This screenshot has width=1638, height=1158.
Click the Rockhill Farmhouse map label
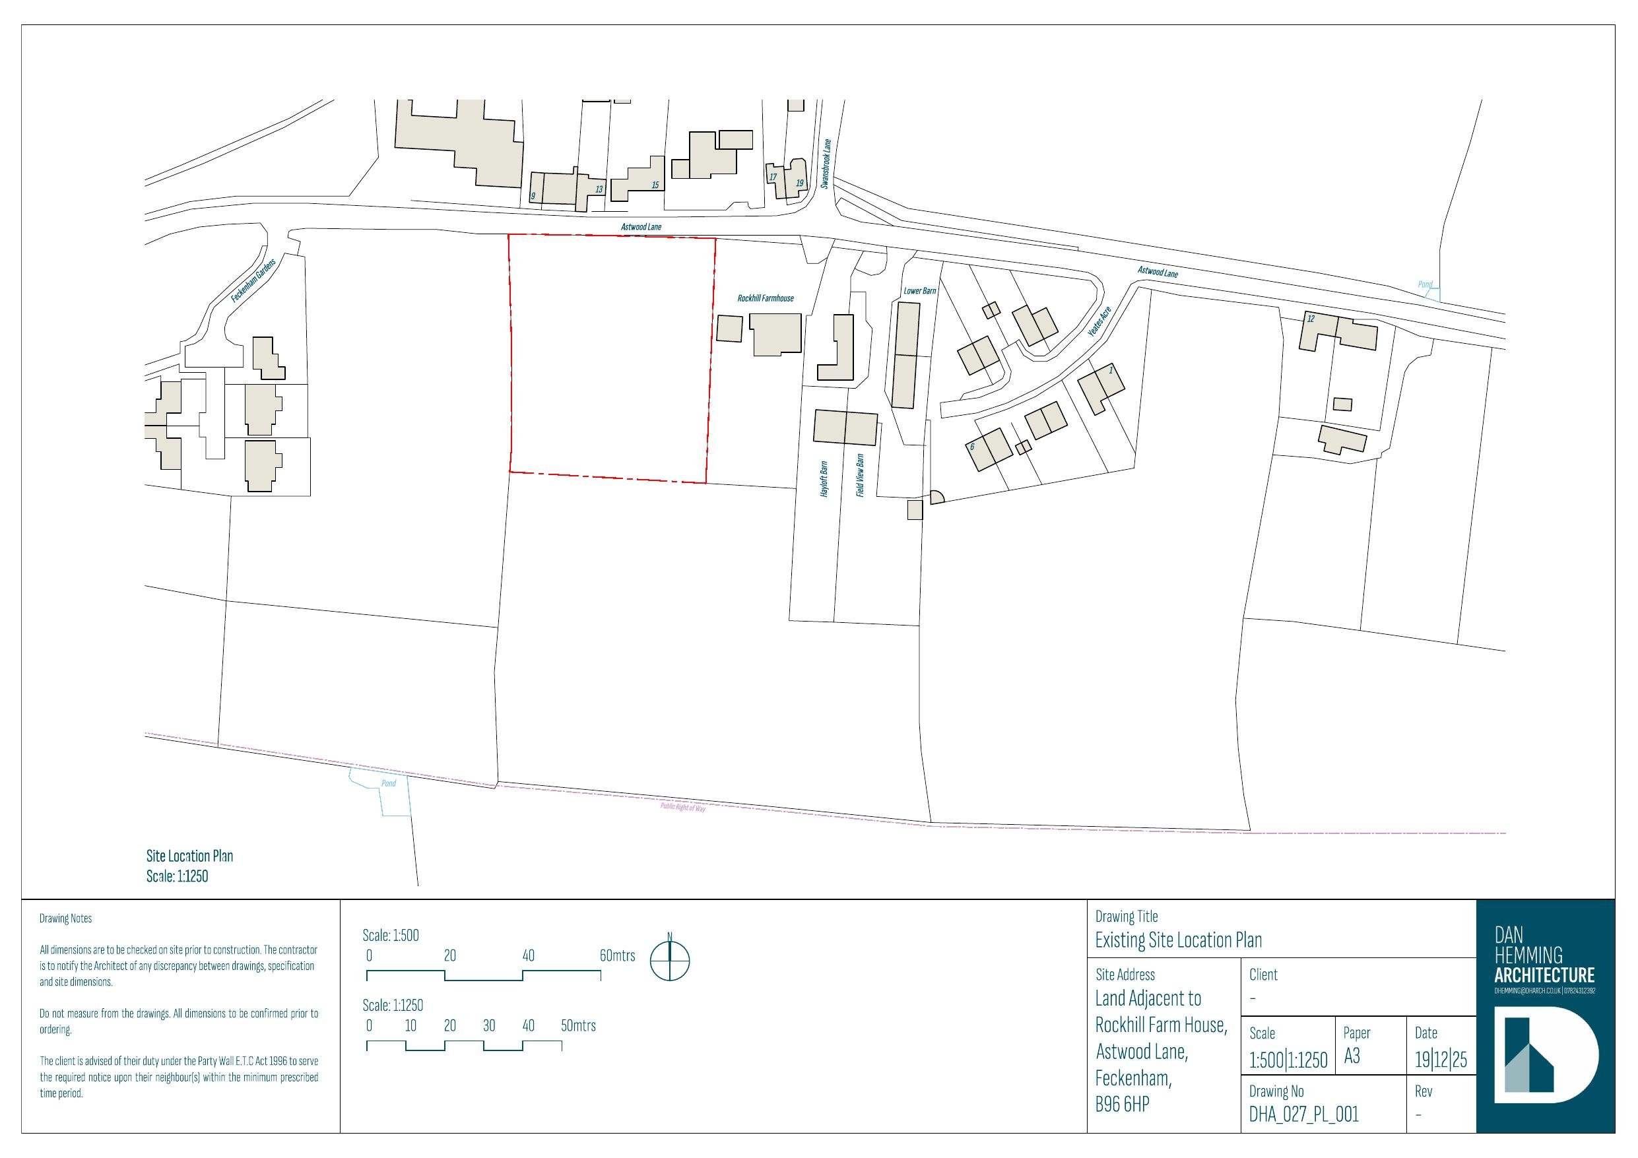pos(765,298)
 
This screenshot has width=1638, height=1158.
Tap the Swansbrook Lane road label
pos(826,164)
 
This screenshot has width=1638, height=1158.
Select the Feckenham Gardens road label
pos(253,280)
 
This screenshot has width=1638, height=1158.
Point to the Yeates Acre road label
pos(1099,322)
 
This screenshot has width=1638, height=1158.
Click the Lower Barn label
pos(919,291)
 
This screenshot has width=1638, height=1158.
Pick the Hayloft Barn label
pos(824,479)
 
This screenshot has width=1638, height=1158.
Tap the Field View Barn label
pos(860,475)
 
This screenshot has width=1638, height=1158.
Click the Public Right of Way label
pos(683,808)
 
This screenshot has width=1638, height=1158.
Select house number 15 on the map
pos(655,185)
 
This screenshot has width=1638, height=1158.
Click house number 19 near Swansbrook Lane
pos(799,183)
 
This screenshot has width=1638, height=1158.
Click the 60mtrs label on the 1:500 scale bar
pos(617,955)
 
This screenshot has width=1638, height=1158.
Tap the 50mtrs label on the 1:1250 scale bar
pos(578,1025)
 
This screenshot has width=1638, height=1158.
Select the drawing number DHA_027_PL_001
pos(1303,1114)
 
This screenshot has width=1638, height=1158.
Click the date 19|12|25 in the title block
pos(1441,1060)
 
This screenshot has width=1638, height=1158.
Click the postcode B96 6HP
pos(1122,1105)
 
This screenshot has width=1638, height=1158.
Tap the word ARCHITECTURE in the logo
pos(1544,975)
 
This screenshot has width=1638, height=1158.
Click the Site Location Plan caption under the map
pos(190,856)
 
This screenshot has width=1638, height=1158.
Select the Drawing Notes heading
pos(65,918)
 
